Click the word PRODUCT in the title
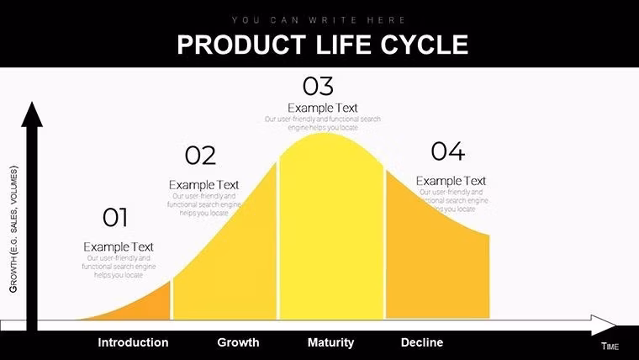(x=225, y=44)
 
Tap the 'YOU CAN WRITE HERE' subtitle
(x=319, y=19)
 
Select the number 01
(x=115, y=219)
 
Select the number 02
(x=200, y=156)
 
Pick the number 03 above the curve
(x=318, y=86)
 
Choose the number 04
(x=447, y=151)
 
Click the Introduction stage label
(x=133, y=342)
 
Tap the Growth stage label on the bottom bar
(x=238, y=342)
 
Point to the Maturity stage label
(x=330, y=342)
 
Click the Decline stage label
(x=422, y=342)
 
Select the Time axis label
(x=610, y=347)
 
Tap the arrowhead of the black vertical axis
(x=32, y=114)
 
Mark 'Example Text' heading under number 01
(x=119, y=246)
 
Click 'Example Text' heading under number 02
(x=203, y=184)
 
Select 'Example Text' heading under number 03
(x=322, y=108)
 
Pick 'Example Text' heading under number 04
(x=451, y=181)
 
